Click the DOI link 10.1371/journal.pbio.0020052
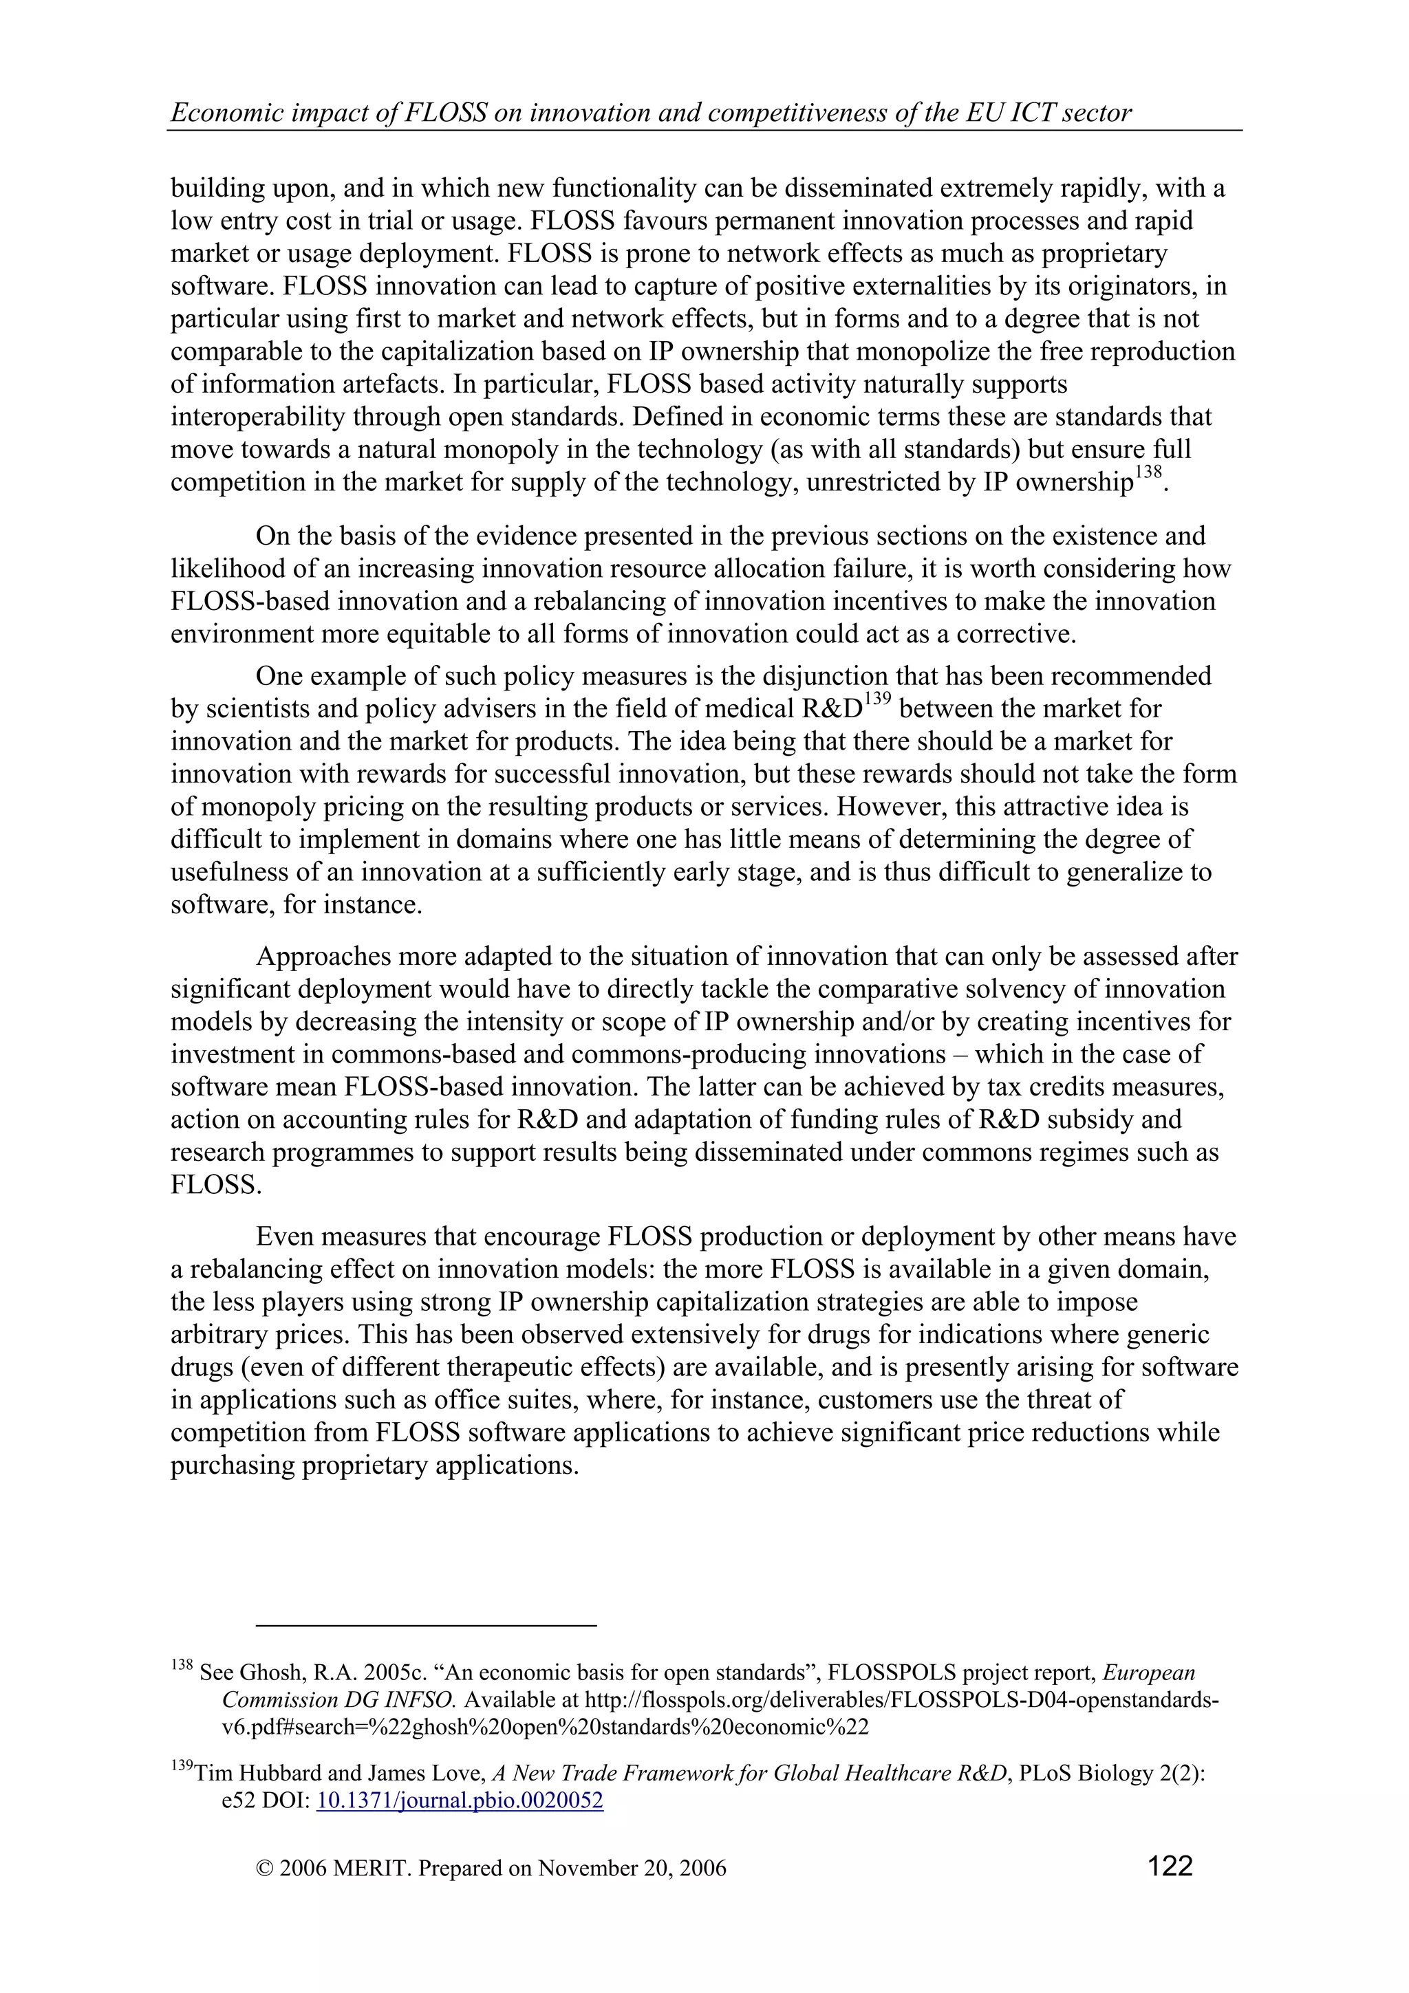pos(460,1800)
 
